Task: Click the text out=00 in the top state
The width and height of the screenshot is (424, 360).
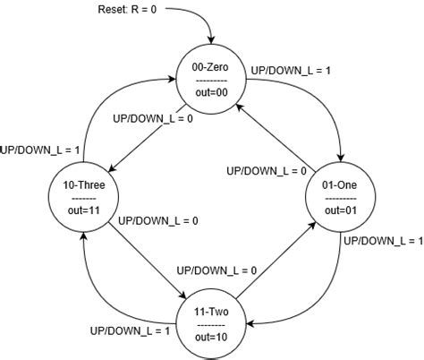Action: (212, 91)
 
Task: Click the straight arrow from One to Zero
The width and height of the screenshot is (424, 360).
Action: (277, 135)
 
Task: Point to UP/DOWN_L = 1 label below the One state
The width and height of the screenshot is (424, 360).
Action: (384, 242)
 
